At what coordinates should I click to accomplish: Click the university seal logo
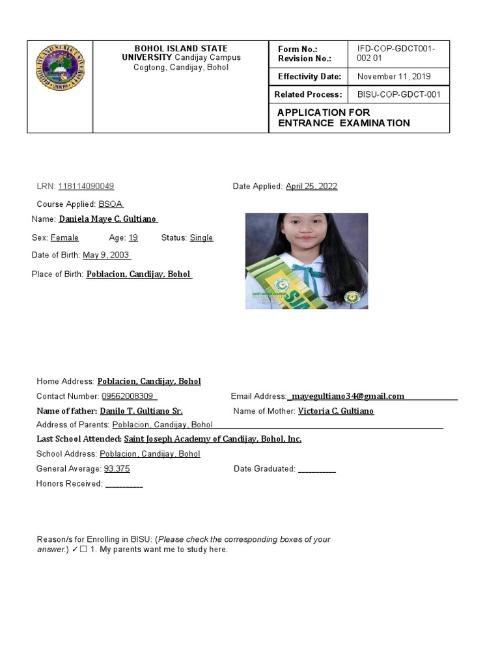coord(60,68)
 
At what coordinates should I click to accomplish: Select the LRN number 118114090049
coord(86,187)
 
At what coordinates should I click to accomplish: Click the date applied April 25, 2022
coord(311,187)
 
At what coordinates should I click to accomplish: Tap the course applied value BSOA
coord(111,204)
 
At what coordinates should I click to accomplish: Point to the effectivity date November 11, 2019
coord(389,77)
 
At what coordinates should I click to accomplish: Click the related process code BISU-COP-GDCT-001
coord(399,95)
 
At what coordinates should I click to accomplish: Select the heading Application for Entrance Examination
coord(343,118)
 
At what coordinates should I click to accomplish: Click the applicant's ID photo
coord(306,261)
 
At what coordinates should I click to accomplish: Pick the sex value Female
coord(64,238)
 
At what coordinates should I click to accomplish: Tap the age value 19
coord(133,238)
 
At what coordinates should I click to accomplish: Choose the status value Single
coord(201,238)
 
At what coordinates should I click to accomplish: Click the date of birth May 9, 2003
coord(105,256)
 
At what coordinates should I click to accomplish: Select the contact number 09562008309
coord(128,396)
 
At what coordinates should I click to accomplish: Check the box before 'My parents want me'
coord(83,550)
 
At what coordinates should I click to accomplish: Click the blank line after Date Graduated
coord(316,469)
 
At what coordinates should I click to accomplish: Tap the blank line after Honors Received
coord(124,484)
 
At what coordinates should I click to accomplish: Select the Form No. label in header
coord(297,49)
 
